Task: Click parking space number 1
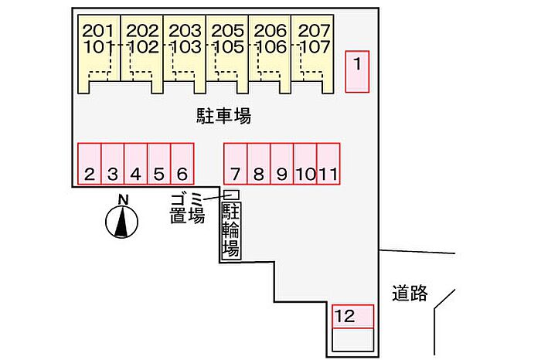(x=357, y=72)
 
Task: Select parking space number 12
(x=352, y=317)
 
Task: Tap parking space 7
(x=236, y=164)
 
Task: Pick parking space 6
(x=182, y=164)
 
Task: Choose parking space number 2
(x=90, y=164)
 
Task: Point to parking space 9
(x=282, y=164)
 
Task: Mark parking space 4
(x=135, y=164)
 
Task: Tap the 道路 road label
(x=410, y=293)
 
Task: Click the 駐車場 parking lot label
(x=223, y=116)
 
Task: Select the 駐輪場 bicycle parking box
(x=231, y=230)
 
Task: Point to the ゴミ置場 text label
(x=187, y=209)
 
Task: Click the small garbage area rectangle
(x=232, y=195)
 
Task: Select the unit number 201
(x=98, y=31)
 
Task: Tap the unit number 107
(x=314, y=47)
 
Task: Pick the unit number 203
(x=185, y=31)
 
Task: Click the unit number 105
(x=228, y=47)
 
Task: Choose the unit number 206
(x=270, y=31)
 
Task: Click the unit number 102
(x=142, y=47)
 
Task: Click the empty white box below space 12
(x=352, y=340)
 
